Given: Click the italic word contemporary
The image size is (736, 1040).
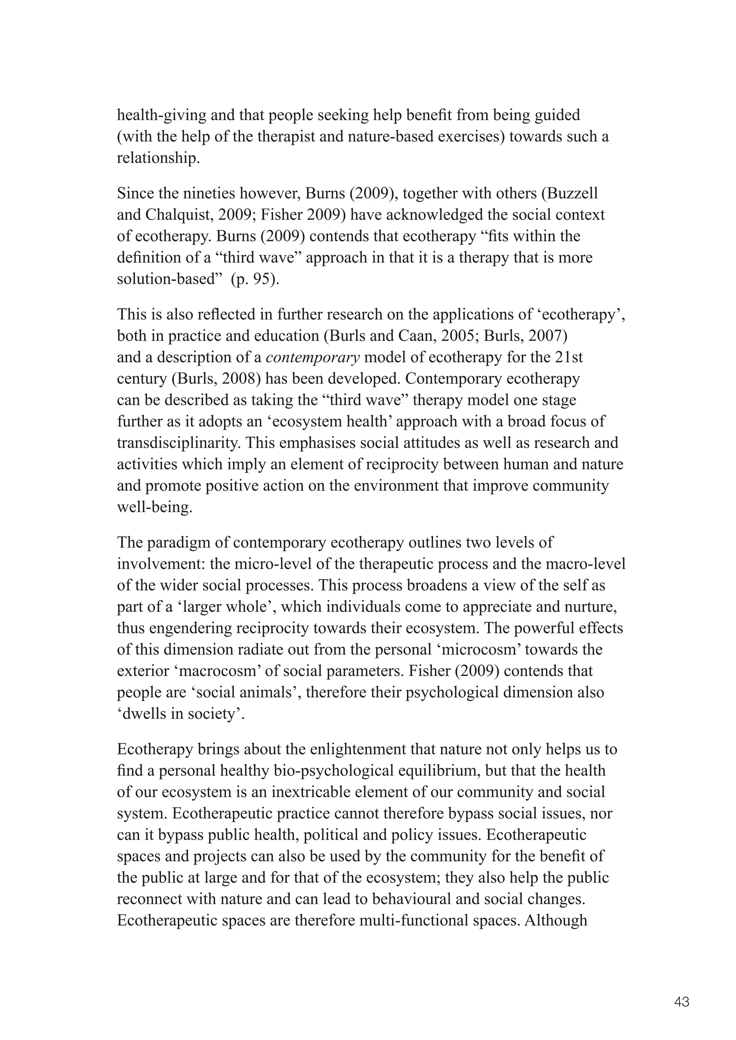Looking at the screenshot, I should [313, 358].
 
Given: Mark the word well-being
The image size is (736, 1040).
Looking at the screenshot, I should [154, 507].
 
